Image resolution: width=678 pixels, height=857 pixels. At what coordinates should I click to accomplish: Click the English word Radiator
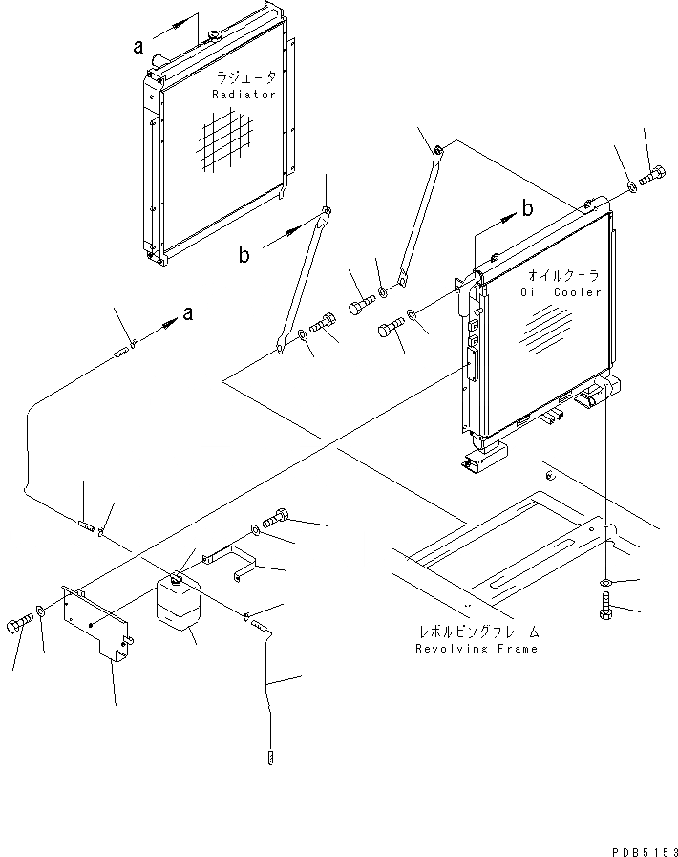pyautogui.click(x=244, y=95)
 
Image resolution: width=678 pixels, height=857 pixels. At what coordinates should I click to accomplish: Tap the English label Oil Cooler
pyautogui.click(x=561, y=292)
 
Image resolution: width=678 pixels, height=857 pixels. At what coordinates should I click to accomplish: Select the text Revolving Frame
pyautogui.click(x=477, y=649)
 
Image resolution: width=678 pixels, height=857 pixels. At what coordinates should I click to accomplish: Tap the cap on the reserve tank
pyautogui.click(x=177, y=577)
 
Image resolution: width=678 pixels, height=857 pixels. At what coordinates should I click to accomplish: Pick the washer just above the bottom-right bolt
pyautogui.click(x=606, y=582)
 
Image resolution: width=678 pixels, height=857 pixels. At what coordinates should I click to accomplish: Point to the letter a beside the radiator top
pyautogui.click(x=139, y=45)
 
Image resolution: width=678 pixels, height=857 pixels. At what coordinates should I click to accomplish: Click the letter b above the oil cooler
pyautogui.click(x=527, y=207)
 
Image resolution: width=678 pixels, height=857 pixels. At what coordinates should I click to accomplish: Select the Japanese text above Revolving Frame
pyautogui.click(x=477, y=632)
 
